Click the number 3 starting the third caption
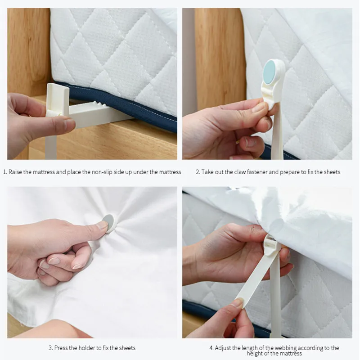click(x=50, y=348)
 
